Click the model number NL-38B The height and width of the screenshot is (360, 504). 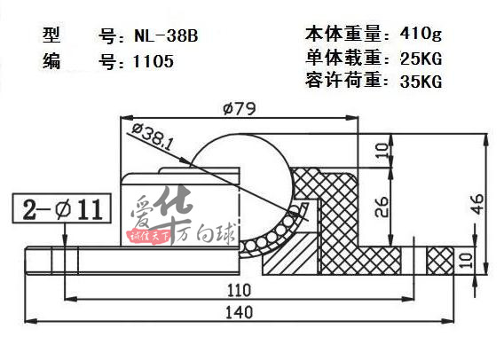pyautogui.click(x=166, y=35)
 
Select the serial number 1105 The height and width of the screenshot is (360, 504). pyautogui.click(x=154, y=61)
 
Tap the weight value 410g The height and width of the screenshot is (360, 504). pyautogui.click(x=421, y=33)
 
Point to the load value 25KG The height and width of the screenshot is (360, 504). pyautogui.click(x=421, y=59)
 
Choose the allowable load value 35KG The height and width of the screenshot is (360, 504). pyautogui.click(x=421, y=82)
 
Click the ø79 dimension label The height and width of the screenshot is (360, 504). pyautogui.click(x=240, y=108)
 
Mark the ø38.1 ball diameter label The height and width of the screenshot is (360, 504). pyautogui.click(x=152, y=137)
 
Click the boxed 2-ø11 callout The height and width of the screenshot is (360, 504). pyautogui.click(x=62, y=208)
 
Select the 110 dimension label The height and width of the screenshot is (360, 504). pyautogui.click(x=239, y=290)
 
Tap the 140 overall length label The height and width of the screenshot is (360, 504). pyautogui.click(x=240, y=312)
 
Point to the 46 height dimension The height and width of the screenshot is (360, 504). pyautogui.click(x=478, y=203)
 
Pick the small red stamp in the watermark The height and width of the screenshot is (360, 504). pyautogui.click(x=150, y=237)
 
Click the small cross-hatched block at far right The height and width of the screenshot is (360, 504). pyautogui.click(x=440, y=261)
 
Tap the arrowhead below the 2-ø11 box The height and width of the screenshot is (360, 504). pyautogui.click(x=65, y=241)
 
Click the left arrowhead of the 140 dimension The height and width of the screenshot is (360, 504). pyautogui.click(x=30, y=320)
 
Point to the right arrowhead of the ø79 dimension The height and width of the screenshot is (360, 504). pyautogui.click(x=352, y=118)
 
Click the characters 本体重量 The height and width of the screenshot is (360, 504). pyautogui.click(x=343, y=34)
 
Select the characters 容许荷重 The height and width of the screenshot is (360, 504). pyautogui.click(x=343, y=81)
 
